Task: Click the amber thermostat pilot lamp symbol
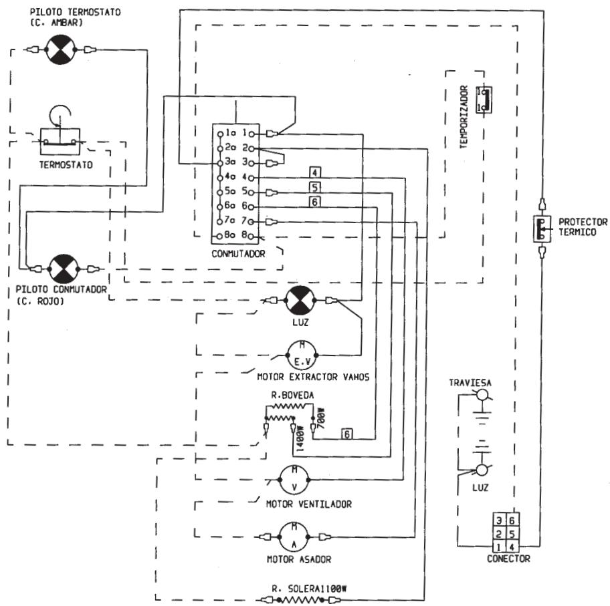coord(60,49)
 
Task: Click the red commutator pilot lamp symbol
coord(64,269)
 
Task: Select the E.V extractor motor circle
coord(302,355)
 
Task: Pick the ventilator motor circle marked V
coord(294,480)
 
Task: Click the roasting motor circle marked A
coord(294,537)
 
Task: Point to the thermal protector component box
coord(542,229)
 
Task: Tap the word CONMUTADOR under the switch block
coord(238,254)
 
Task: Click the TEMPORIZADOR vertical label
coord(464,117)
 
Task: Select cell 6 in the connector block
coord(512,520)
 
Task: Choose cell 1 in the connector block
coord(499,547)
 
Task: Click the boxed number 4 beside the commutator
coord(315,172)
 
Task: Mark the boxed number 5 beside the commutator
coord(315,187)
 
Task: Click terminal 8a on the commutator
coord(219,236)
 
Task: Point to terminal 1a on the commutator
coord(220,134)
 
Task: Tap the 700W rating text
coord(321,418)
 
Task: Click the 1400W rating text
coord(300,438)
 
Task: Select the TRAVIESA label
coord(470,383)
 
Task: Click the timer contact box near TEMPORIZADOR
coord(484,100)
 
